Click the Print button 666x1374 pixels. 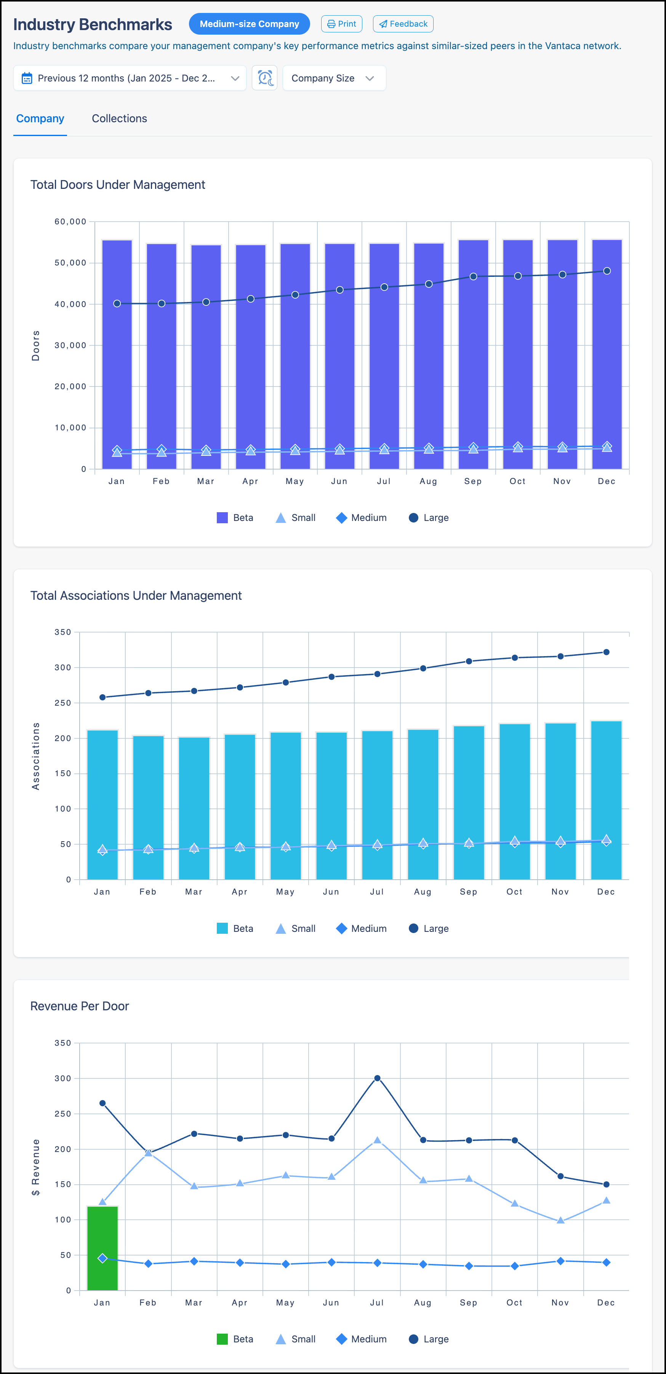341,24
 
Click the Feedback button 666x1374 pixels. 403,24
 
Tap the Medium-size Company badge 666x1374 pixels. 249,24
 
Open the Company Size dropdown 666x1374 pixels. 333,78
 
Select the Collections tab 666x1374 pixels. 119,118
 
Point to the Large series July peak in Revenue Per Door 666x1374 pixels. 377,1078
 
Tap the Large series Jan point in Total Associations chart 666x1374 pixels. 102,697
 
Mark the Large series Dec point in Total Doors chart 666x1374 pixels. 607,271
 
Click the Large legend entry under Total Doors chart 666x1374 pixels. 429,518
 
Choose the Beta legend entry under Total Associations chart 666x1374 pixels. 235,928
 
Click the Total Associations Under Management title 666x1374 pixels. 136,596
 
